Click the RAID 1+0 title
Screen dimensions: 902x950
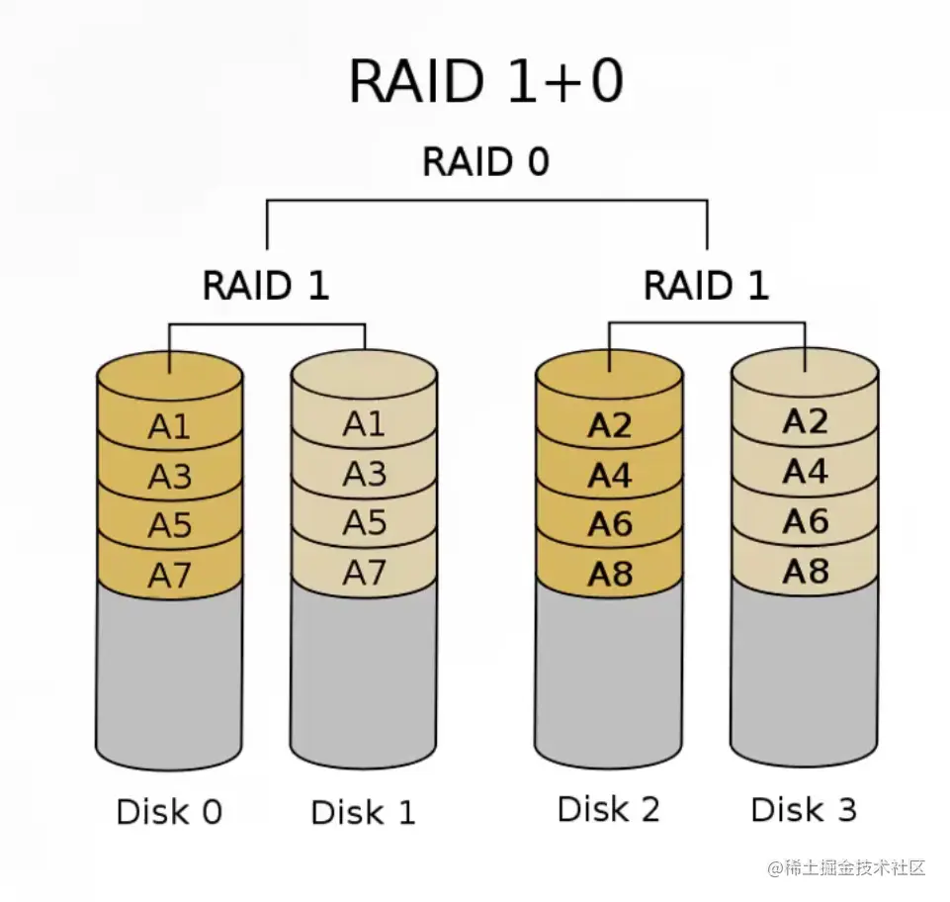tap(485, 81)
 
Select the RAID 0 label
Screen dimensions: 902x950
tap(485, 162)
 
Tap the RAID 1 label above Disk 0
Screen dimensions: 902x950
tap(265, 286)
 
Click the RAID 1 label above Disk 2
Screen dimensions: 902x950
tap(706, 286)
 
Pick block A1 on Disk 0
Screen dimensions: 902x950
tap(169, 427)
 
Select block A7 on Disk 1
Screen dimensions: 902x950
tap(364, 572)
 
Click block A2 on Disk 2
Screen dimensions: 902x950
tap(609, 425)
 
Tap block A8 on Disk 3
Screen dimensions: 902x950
tap(805, 571)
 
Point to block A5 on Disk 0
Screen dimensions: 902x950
tap(169, 525)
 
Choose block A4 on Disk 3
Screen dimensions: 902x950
tap(805, 472)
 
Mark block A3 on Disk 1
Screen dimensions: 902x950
tap(364, 475)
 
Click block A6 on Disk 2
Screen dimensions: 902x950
tap(609, 524)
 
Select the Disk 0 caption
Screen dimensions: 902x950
tap(169, 812)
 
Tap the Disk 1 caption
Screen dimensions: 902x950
tap(363, 812)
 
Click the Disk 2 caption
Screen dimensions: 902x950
tap(608, 809)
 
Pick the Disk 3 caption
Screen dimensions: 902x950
tap(804, 809)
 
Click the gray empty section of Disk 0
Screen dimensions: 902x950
tap(169, 673)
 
